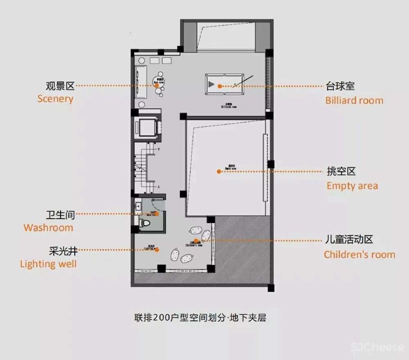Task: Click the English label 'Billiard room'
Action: coord(354,100)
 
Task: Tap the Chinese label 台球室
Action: coord(340,86)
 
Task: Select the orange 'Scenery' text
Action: coord(55,99)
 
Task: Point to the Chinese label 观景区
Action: coord(60,86)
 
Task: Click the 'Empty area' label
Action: coord(352,186)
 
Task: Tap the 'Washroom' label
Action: coord(48,227)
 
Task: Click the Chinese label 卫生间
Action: coord(60,214)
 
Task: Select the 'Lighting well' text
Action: coord(48,264)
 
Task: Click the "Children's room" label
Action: coord(360,254)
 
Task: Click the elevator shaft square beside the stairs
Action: coord(146,127)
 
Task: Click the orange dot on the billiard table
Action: coord(220,86)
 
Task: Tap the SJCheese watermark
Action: coord(377,348)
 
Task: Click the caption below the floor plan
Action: coord(200,317)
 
